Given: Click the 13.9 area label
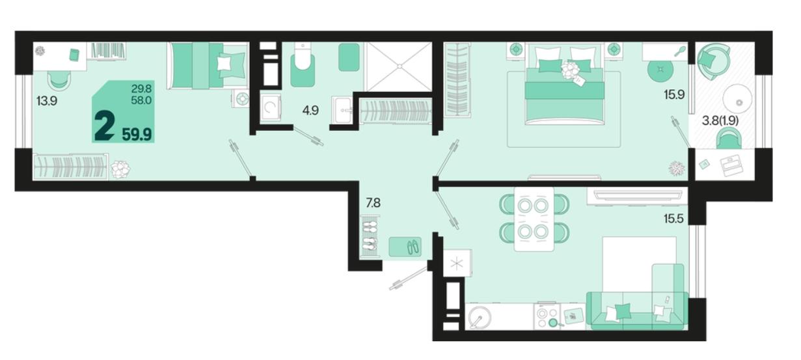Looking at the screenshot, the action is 47,101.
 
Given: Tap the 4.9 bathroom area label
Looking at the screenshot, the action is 310,110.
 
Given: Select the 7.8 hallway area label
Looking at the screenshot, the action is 373,203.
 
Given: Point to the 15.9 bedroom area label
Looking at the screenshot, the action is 674,95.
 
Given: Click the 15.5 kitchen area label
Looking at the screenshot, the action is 673,219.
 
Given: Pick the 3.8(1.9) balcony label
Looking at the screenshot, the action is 720,121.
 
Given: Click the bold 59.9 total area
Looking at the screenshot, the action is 137,135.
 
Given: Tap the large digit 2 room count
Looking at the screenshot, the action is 104,126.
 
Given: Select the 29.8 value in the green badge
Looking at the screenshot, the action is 141,88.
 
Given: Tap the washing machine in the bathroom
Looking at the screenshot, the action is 270,107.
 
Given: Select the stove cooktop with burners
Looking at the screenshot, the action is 547,316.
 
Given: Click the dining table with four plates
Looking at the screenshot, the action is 534,219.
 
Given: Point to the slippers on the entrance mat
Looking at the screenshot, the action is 413,247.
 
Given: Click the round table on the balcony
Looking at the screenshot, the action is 737,99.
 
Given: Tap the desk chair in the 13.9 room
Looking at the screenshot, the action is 59,81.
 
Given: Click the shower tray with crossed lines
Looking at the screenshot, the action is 398,66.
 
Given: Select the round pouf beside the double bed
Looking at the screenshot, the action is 660,69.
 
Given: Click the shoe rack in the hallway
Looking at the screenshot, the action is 370,236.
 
